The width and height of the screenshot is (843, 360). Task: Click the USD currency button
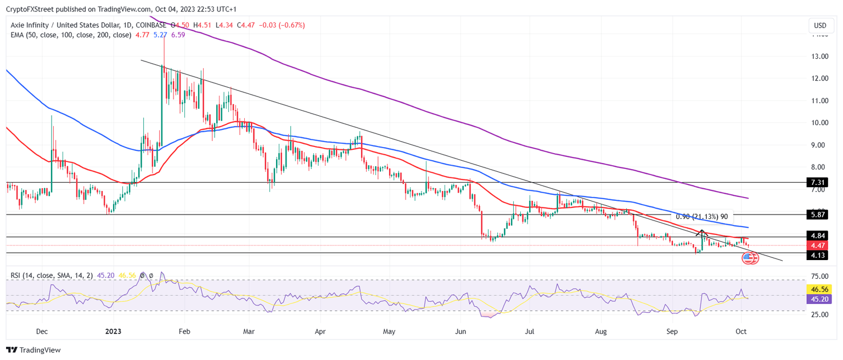coord(820,25)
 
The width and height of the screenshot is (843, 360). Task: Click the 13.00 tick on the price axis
coord(819,56)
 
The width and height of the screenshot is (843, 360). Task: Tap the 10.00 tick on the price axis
coord(819,122)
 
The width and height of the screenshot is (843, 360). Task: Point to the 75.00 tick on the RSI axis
coord(819,277)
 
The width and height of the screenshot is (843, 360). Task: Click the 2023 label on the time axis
coord(113,332)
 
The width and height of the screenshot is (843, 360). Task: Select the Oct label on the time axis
coord(741,332)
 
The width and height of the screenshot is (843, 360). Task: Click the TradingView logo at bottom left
coord(33,350)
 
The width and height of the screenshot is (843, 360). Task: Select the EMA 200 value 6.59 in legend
coord(178,35)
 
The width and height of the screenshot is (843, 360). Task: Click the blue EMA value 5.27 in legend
coord(160,35)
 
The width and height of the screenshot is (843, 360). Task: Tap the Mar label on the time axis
coord(249,332)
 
